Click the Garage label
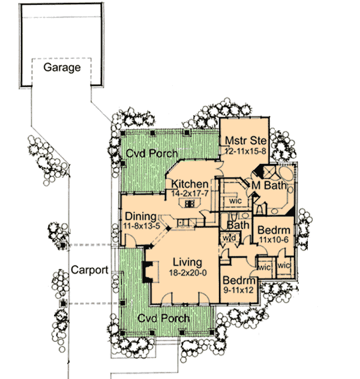tap(62, 67)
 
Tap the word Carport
tap(89, 270)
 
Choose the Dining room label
tap(141, 216)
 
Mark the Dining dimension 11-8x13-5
tap(142, 225)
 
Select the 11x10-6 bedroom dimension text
tap(275, 240)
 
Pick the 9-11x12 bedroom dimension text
tap(239, 290)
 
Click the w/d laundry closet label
tap(229, 238)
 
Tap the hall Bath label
tap(238, 225)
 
